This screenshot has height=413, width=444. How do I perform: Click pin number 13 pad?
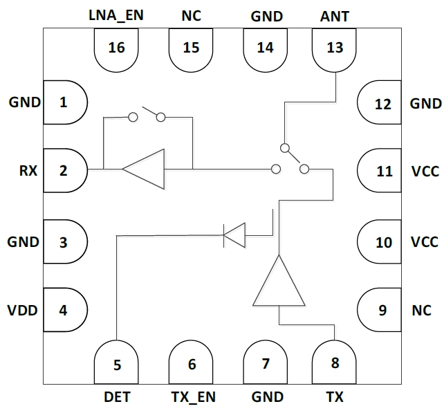coord(335,50)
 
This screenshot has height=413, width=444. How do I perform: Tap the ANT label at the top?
coord(335,15)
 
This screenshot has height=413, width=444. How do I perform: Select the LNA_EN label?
coord(115,15)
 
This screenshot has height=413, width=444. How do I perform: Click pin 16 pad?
coord(116,50)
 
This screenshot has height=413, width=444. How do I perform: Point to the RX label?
coord(28,169)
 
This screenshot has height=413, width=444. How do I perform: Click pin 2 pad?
coord(65,169)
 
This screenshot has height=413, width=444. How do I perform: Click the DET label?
coord(116,397)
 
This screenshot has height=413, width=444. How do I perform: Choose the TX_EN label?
coord(192,397)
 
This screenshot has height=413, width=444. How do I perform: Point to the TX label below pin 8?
coord(335,397)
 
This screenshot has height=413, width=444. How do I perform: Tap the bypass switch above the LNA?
coord(146,114)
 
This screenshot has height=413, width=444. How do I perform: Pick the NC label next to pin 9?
coord(421,310)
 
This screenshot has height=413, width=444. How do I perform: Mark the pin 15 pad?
coord(192,50)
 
